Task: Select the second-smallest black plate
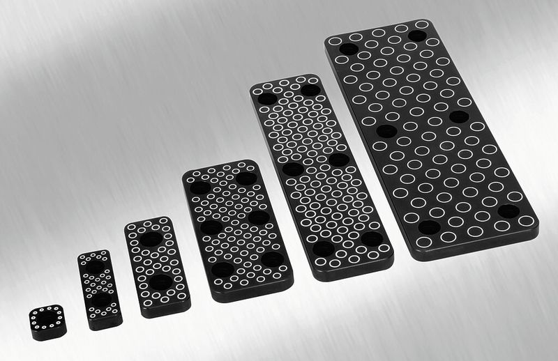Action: tap(99, 289)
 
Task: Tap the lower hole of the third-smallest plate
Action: tap(161, 282)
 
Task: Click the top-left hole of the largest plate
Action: tap(348, 49)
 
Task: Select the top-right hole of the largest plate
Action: tap(418, 36)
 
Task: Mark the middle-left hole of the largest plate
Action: tap(386, 131)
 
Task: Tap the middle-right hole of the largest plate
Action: tap(459, 116)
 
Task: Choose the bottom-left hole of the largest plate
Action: tap(429, 226)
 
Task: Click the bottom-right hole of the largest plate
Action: tap(508, 210)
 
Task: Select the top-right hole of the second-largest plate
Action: tap(310, 90)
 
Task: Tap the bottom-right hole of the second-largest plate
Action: tap(371, 238)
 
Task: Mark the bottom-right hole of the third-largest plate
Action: tap(272, 259)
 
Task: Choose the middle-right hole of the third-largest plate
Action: tap(259, 217)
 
